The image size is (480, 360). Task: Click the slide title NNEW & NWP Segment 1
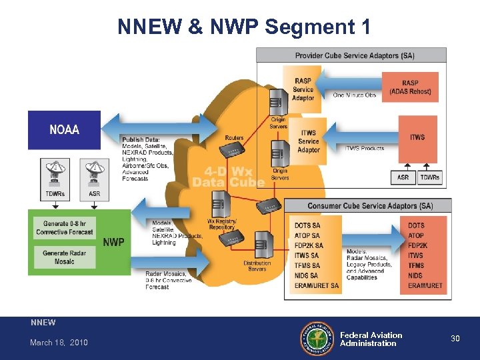243,27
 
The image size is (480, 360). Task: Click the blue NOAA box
64,129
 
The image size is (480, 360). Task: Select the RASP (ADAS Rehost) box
410,87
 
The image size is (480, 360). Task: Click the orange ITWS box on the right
417,137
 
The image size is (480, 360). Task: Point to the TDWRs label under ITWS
430,178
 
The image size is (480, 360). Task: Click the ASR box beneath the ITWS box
403,178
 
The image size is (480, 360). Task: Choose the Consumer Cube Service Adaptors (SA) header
369,206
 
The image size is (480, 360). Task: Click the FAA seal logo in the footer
318,339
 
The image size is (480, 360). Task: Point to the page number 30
455,339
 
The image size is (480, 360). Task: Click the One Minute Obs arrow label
355,95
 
